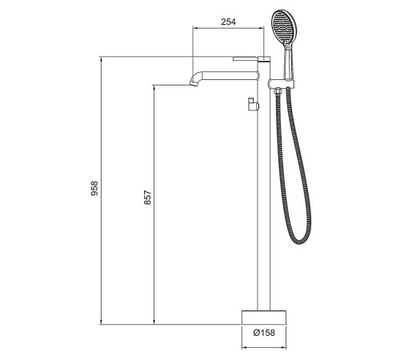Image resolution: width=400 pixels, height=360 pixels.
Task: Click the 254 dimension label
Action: (229, 22)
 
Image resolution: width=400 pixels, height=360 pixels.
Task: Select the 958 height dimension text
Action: (94, 189)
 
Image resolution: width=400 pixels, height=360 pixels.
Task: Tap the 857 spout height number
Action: (148, 198)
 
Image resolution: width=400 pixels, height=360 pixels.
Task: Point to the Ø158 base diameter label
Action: (264, 333)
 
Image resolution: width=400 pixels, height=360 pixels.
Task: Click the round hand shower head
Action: (283, 28)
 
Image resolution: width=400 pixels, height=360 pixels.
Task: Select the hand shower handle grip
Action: (288, 62)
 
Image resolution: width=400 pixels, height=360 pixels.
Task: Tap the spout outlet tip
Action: (193, 83)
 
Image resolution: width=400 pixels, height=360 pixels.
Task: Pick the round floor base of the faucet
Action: (264, 318)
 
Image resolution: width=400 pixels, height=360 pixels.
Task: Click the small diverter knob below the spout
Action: (253, 104)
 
